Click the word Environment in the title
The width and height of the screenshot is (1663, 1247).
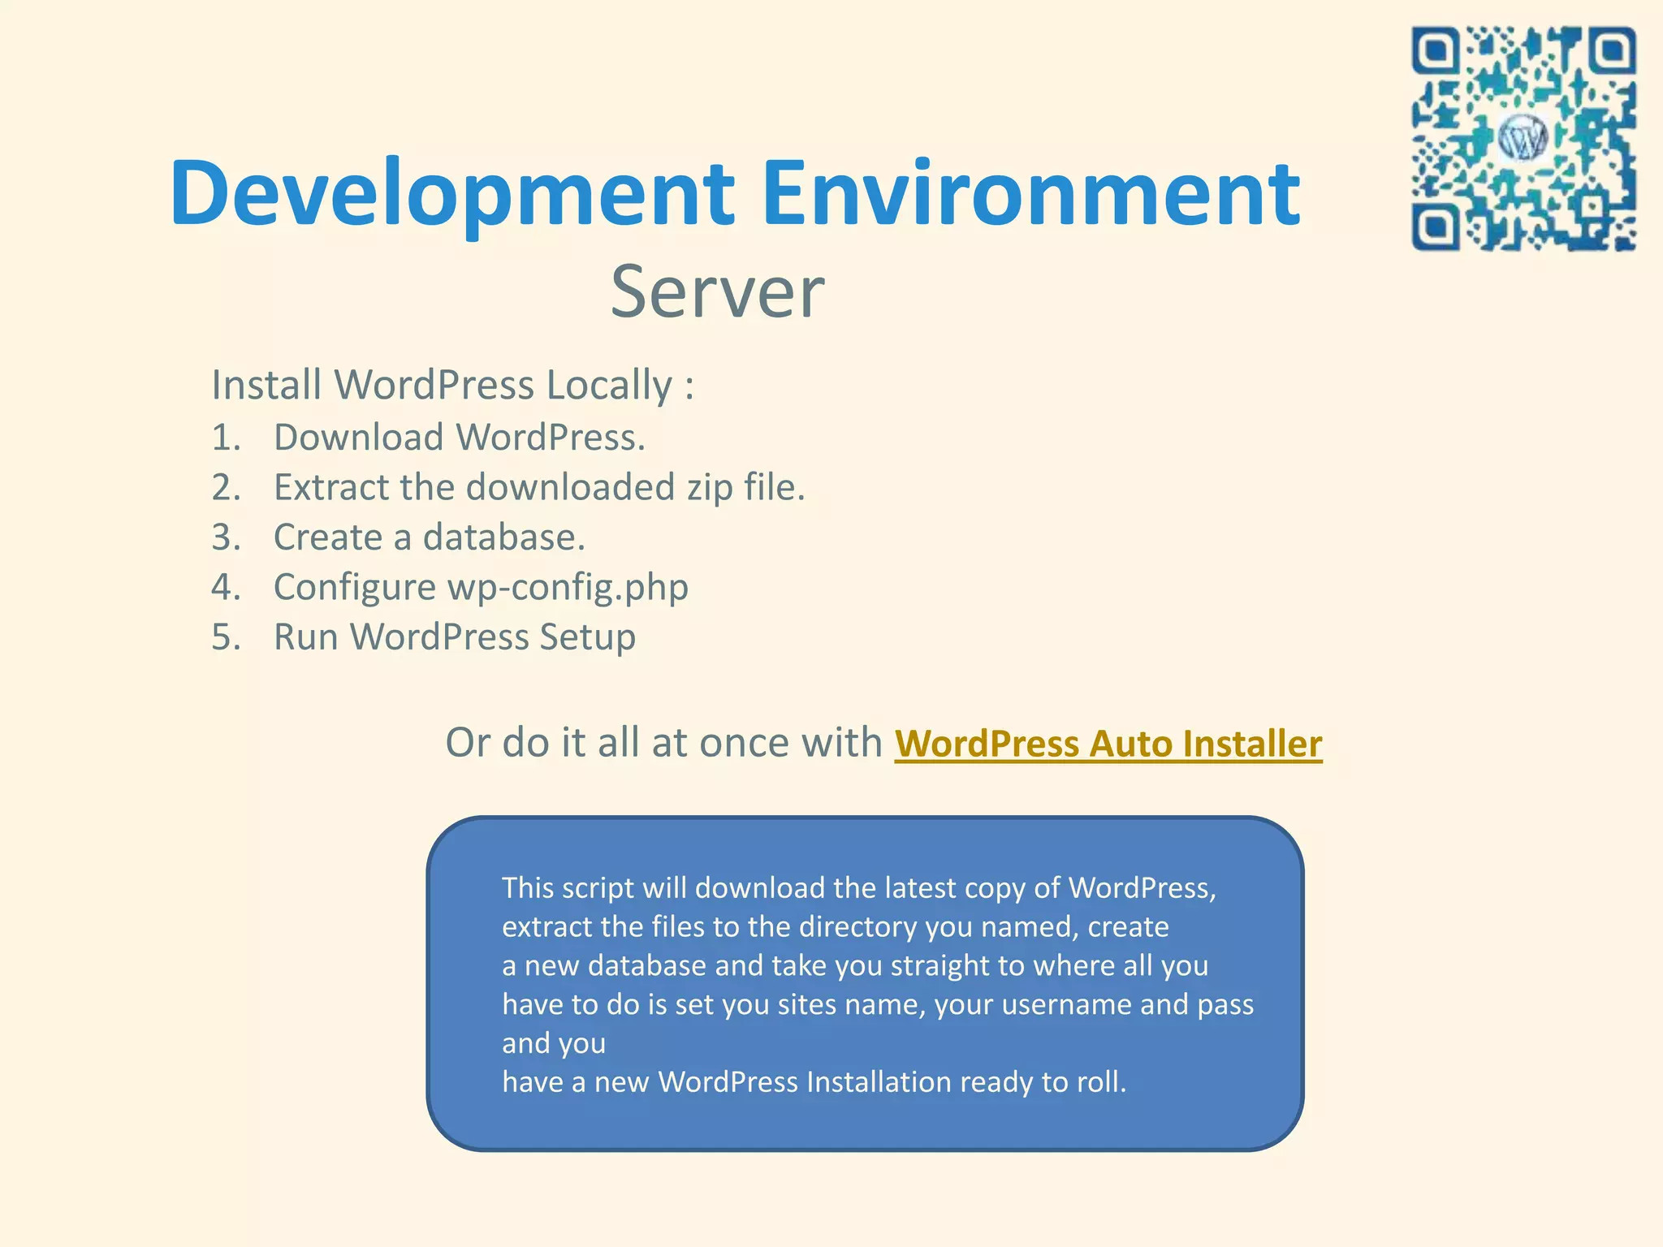pyautogui.click(x=1031, y=195)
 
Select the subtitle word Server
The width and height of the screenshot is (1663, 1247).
pyautogui.click(x=717, y=292)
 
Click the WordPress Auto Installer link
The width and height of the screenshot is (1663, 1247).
pyautogui.click(x=1108, y=744)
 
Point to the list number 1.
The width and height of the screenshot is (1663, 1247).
pyautogui.click(x=225, y=438)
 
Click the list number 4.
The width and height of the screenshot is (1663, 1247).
pyautogui.click(x=225, y=588)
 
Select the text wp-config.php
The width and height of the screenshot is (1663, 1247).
pyautogui.click(x=568, y=588)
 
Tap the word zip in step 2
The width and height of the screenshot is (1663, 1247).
pyautogui.click(x=709, y=489)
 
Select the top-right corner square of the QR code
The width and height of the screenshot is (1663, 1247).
pyautogui.click(x=1612, y=51)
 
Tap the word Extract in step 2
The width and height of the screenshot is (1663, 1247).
pyautogui.click(x=330, y=489)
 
